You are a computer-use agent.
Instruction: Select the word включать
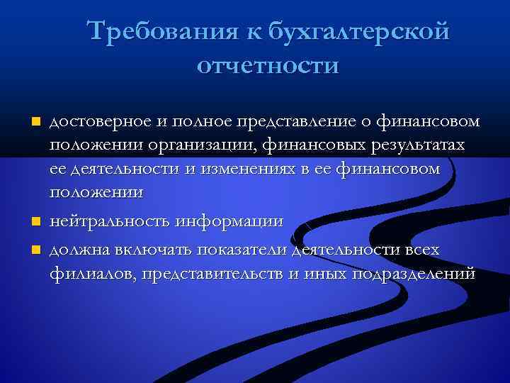147,250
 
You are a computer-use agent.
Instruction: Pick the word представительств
212,274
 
